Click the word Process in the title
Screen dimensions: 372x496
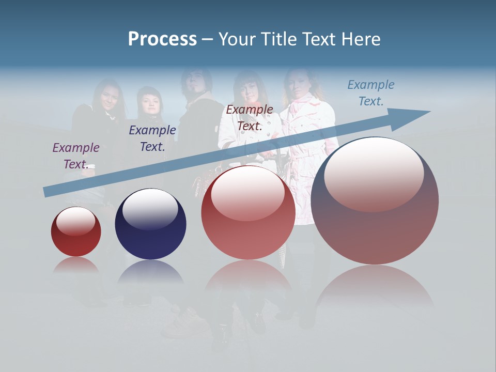tap(162, 39)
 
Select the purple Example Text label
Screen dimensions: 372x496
tap(75, 156)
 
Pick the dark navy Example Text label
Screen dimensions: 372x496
tap(152, 138)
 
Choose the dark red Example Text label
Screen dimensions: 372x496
tap(250, 118)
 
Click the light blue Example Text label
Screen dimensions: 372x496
tap(370, 93)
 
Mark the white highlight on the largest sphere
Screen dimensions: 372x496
tap(374, 173)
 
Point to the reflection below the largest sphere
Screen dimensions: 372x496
tap(375, 287)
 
